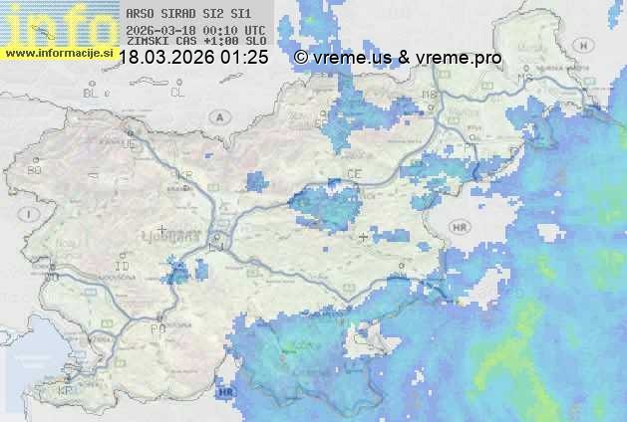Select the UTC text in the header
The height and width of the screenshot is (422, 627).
pos(253,30)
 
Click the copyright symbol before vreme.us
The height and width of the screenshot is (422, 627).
pos(301,59)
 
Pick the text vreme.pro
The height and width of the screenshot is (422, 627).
pos(465,59)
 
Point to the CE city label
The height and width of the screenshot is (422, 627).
pos(354,174)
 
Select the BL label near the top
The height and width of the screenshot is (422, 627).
pos(92,93)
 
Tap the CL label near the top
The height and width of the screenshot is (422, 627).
pos(177,93)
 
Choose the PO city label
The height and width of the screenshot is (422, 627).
pos(157,327)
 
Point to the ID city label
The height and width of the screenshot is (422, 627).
pos(123,268)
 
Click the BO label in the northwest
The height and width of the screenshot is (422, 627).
pos(35,170)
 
